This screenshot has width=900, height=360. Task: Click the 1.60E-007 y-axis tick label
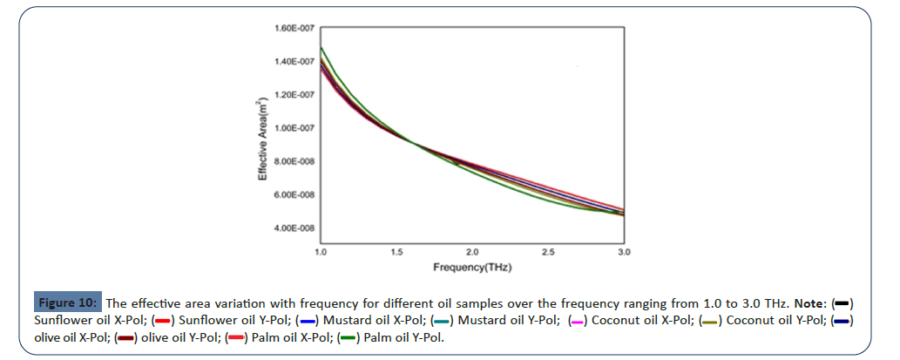(295, 28)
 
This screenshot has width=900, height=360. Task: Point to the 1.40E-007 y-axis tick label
(295, 61)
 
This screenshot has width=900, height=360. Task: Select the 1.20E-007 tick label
(295, 94)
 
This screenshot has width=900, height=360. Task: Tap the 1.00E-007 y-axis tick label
(295, 128)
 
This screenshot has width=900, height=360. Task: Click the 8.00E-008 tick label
(295, 161)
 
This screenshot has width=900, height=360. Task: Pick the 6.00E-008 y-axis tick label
(295, 194)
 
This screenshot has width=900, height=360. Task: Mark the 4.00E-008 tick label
(295, 228)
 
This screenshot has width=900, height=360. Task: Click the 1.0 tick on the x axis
(321, 251)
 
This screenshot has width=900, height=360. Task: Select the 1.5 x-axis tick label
(396, 251)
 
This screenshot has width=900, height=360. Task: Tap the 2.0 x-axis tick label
(472, 251)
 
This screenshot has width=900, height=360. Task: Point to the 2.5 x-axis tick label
(548, 251)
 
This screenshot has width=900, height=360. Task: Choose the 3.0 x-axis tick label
(624, 251)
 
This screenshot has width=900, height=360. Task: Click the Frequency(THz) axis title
(471, 267)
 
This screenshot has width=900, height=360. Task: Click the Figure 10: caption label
(69, 302)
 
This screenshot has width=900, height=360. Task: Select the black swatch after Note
(842, 302)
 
